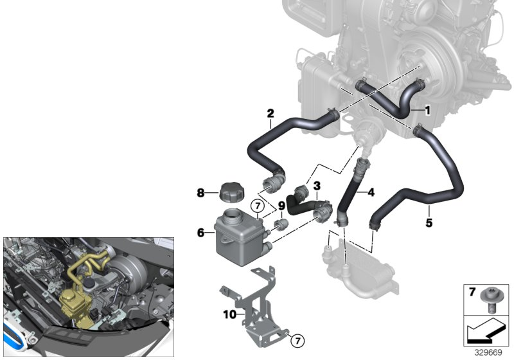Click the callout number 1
click(x=427, y=111)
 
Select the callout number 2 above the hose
click(x=270, y=113)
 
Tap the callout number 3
click(x=317, y=186)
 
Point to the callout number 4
click(x=371, y=192)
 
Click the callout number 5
click(x=429, y=223)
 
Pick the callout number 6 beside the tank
click(x=200, y=233)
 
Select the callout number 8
click(x=200, y=193)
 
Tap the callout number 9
click(x=281, y=206)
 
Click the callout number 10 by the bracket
click(x=229, y=314)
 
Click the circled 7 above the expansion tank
click(x=258, y=206)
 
